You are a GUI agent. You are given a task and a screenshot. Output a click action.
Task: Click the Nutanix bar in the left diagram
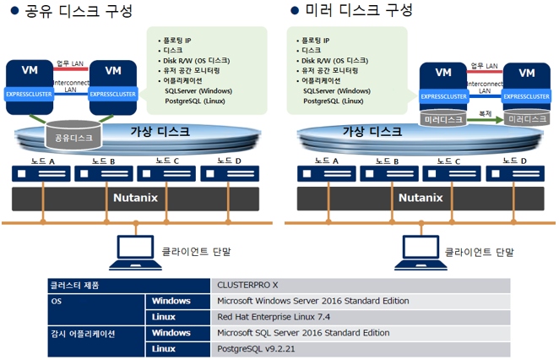click(136, 199)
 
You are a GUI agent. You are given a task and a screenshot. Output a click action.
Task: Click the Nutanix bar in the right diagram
click(420, 199)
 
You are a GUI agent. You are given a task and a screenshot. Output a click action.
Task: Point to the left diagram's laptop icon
click(136, 249)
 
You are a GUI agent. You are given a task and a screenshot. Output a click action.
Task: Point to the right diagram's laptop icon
click(420, 249)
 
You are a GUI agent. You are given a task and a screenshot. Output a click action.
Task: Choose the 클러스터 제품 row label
click(76, 286)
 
